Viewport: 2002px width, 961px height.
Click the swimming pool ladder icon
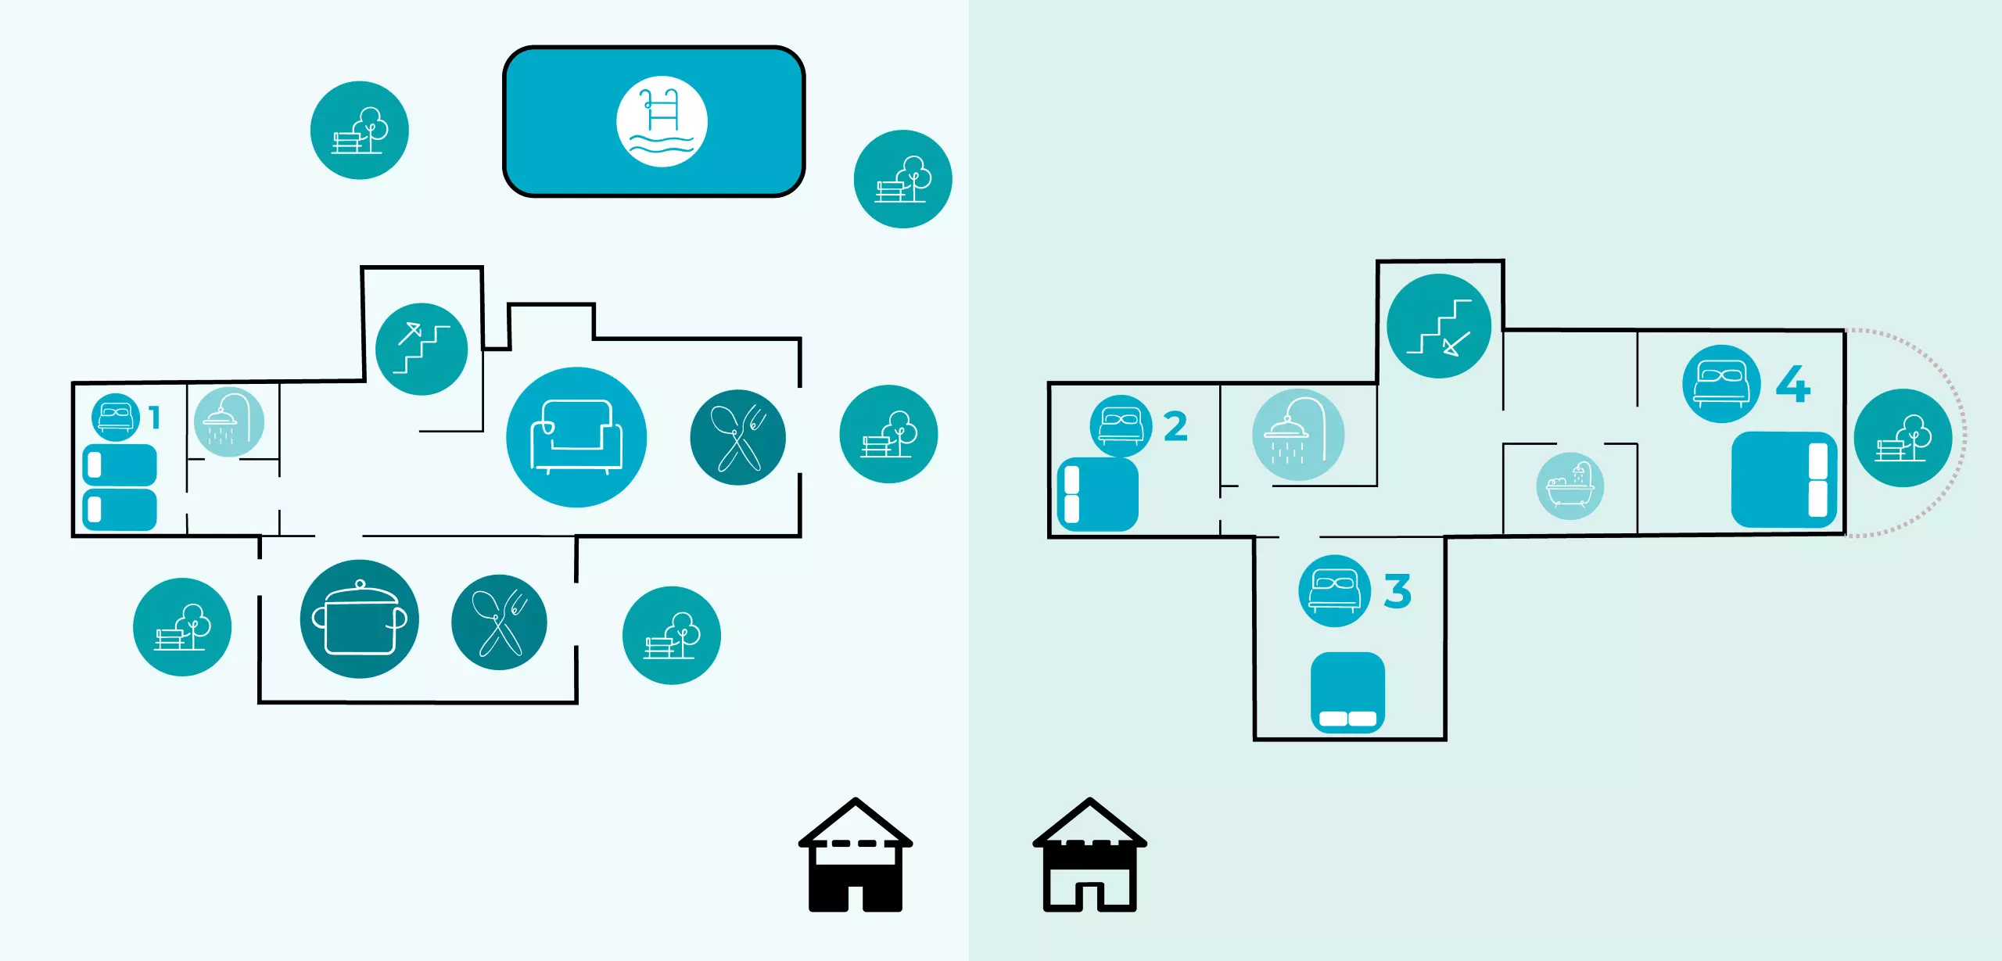point(662,121)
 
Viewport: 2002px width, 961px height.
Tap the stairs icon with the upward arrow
point(422,349)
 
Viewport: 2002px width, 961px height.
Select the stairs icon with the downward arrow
point(1438,326)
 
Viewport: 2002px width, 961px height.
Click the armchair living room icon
point(576,437)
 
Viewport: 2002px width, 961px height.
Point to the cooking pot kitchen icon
point(359,619)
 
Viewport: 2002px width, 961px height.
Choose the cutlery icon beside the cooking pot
point(499,622)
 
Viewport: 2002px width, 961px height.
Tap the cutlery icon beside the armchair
point(737,437)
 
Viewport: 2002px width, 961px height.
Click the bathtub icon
point(1570,486)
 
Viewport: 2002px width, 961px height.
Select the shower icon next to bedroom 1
point(228,422)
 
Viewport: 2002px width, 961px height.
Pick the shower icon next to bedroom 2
point(1297,435)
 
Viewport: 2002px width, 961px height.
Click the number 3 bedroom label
point(1397,591)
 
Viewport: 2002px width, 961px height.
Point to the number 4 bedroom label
point(1792,384)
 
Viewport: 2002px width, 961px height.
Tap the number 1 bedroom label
point(155,418)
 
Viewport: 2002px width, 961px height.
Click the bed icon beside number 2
point(1121,426)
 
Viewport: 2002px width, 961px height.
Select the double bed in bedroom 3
point(1347,693)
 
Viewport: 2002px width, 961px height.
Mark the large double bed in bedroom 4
point(1783,479)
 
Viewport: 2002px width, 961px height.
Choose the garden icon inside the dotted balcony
point(1902,438)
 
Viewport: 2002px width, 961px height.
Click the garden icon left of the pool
point(359,131)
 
